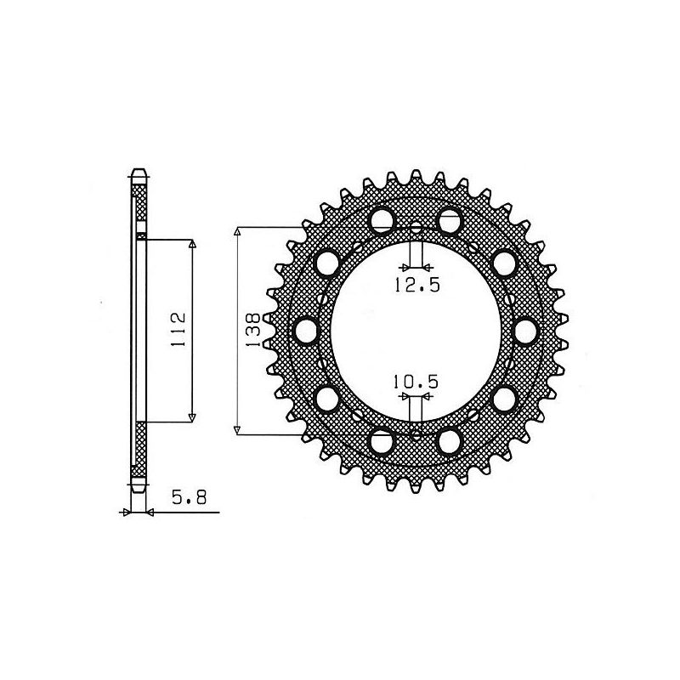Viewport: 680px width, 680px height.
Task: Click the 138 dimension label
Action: [252, 331]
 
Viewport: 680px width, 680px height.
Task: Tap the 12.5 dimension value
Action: [416, 286]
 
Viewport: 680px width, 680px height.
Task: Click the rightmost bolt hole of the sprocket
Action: [525, 329]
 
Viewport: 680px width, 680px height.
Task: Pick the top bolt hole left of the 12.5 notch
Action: [382, 218]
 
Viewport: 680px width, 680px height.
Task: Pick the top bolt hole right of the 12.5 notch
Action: [449, 218]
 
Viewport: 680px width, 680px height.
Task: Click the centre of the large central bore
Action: [416, 329]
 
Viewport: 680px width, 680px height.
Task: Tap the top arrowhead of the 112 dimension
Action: [192, 245]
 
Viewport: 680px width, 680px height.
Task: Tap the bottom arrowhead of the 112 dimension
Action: [192, 416]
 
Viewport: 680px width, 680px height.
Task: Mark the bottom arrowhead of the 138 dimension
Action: [239, 430]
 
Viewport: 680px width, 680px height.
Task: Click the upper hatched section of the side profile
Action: [141, 204]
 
